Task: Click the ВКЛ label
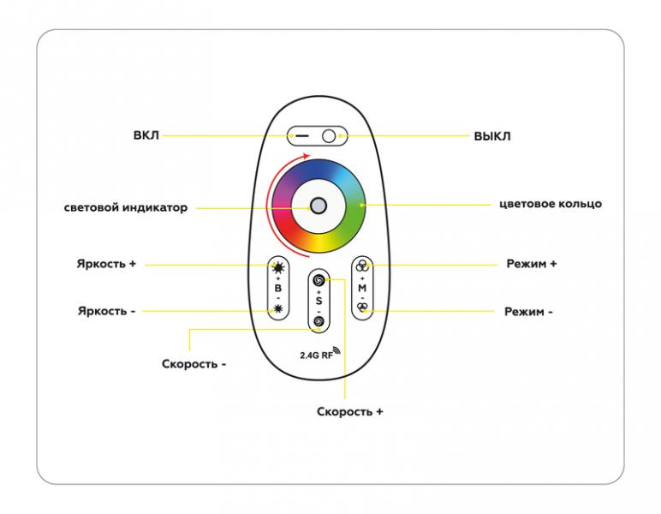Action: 146,135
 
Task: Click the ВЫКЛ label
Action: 492,136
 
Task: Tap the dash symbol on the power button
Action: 302,136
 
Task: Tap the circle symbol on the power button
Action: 329,136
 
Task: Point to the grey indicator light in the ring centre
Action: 319,206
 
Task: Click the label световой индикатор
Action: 126,207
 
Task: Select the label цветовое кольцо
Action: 551,204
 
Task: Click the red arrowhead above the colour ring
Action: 307,156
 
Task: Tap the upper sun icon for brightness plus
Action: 278,267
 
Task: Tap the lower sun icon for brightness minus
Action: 278,309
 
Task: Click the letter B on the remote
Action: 278,289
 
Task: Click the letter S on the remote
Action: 319,301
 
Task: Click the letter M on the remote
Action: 362,289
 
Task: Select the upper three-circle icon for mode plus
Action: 362,266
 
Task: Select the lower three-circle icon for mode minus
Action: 362,308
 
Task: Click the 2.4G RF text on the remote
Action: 317,355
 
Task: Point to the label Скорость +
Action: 350,412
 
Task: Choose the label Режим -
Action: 528,312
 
